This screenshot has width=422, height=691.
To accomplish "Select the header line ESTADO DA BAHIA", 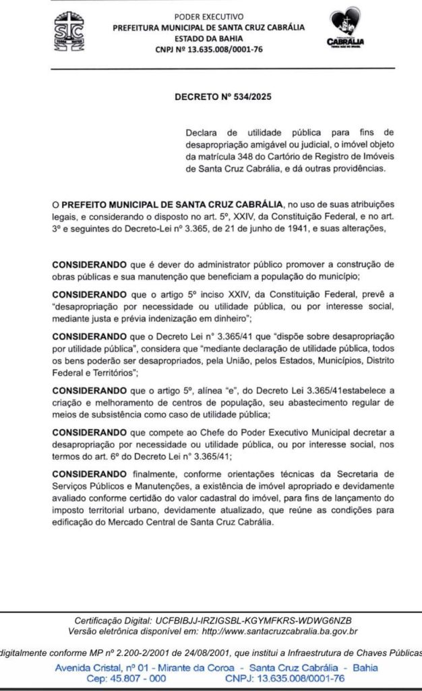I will click(209, 38).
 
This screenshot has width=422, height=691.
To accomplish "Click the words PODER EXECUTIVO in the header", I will click(209, 16).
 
